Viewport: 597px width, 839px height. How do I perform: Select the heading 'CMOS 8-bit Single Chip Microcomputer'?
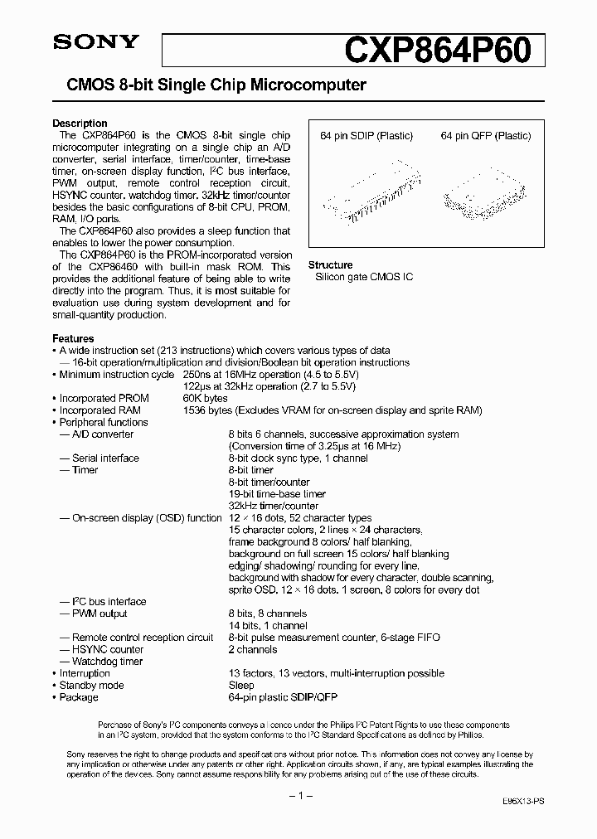pyautogui.click(x=210, y=85)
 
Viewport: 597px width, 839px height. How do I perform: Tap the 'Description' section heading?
pyautogui.click(x=80, y=124)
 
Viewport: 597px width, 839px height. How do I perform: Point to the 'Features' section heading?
pyautogui.click(x=73, y=338)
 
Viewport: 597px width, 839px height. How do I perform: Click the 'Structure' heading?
pyautogui.click(x=330, y=265)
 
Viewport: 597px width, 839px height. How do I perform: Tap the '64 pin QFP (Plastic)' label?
pyautogui.click(x=486, y=136)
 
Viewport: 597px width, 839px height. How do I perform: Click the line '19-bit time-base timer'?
pyautogui.click(x=276, y=494)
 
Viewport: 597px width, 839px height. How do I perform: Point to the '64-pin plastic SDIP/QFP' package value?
pyautogui.click(x=283, y=697)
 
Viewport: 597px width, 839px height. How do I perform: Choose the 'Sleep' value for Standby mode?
pyautogui.click(x=241, y=686)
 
